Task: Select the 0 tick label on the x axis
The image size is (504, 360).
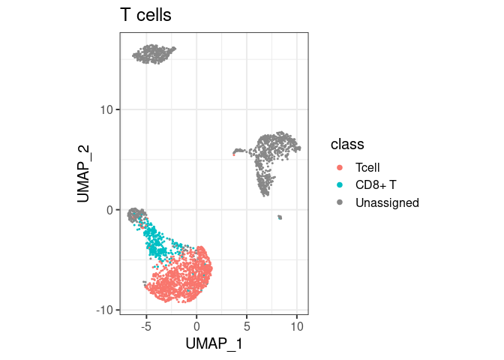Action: (196, 326)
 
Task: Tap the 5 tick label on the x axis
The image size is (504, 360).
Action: (247, 326)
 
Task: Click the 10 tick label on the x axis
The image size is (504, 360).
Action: (297, 326)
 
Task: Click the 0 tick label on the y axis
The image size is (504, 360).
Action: (109, 210)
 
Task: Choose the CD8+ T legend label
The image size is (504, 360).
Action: (377, 185)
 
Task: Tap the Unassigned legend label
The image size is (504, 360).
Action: (387, 202)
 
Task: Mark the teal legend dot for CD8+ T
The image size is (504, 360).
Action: (340, 185)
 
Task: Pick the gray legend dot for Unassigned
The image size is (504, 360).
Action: (340, 202)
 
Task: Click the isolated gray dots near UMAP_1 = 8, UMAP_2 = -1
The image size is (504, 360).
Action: (279, 217)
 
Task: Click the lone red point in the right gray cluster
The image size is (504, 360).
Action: (234, 154)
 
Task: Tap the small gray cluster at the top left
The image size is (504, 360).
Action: (153, 54)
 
